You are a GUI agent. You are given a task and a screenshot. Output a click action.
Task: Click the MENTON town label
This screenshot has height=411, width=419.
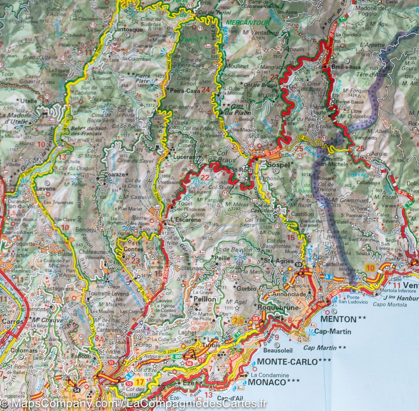[338, 319]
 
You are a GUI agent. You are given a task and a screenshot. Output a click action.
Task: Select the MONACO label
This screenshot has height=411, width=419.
[267, 382]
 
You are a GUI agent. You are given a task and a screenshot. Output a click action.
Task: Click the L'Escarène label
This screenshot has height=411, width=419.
[186, 220]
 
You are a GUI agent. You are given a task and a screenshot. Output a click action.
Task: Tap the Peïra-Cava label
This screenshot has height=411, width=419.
[185, 91]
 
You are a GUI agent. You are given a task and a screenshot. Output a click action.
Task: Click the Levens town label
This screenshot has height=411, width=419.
[46, 188]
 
